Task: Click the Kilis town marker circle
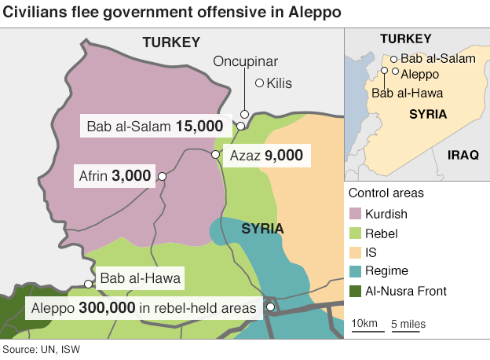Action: [x=260, y=83]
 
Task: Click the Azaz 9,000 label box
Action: [x=266, y=156]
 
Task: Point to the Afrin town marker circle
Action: [x=162, y=177]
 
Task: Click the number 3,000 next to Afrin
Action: [x=131, y=176]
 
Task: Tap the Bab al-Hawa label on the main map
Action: [x=141, y=277]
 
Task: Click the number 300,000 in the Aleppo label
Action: [x=108, y=308]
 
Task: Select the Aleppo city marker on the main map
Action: [x=270, y=307]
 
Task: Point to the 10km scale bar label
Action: [x=364, y=323]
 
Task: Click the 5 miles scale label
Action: [x=409, y=323]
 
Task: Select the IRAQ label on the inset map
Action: [x=463, y=155]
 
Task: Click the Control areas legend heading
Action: [x=386, y=193]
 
